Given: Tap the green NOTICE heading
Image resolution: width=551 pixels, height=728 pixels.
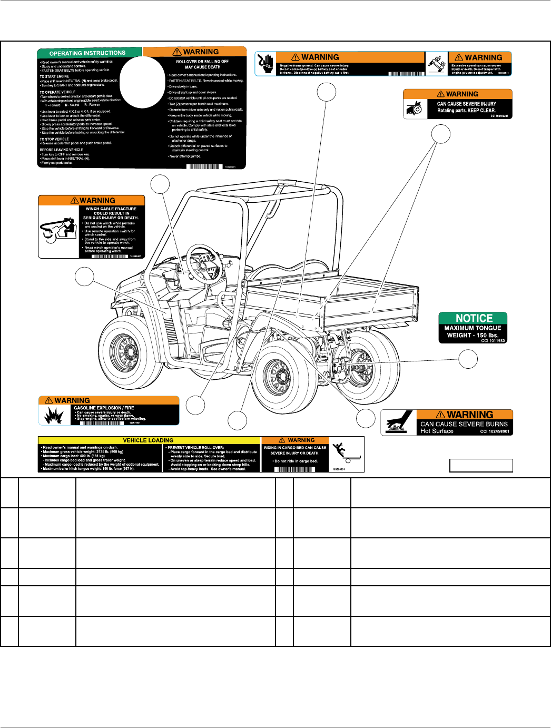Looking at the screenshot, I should pos(474,318).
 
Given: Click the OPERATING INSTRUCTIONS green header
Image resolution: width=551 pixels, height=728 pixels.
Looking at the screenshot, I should pos(87,53).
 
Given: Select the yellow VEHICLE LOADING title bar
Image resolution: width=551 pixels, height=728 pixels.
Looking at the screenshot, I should pos(148,440).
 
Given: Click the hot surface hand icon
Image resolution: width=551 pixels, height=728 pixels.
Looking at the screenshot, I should pos(399,423).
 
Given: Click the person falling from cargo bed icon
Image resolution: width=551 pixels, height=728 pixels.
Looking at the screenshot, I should pos(346,454).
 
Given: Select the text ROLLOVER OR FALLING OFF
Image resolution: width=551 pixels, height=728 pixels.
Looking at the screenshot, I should pos(202,62).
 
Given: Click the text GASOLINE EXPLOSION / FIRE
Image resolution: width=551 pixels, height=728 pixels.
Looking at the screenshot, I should pos(104,408).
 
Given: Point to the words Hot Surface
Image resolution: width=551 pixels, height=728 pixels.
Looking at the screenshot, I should pos(437,431).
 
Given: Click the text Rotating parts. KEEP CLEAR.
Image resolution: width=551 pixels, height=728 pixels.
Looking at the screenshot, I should pos(466,111).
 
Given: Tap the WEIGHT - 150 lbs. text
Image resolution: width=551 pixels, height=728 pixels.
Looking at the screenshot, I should pos(473,335).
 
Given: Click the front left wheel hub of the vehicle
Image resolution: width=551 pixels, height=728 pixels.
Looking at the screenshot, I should pos(125,352).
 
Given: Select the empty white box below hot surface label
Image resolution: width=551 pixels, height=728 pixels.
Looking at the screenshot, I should pos(480,466).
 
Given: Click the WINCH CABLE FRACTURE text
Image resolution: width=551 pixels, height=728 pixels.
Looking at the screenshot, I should pos(111,209).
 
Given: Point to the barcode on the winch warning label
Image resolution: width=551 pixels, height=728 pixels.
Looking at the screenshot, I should pos(109,256).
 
